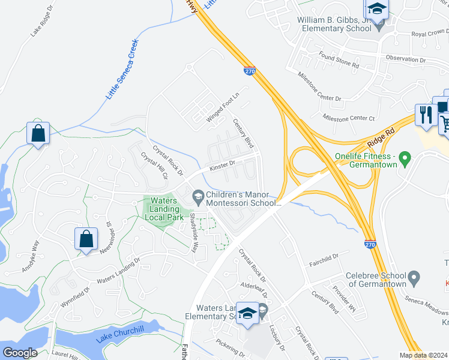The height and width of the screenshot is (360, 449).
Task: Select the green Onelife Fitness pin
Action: coord(405,159)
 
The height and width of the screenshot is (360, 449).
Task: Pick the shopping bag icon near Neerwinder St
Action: coord(86,239)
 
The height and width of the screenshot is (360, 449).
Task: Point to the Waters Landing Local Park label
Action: coord(163,209)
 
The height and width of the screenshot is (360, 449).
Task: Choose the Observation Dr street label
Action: coord(405,59)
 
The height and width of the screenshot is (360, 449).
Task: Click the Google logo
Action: coord(20,353)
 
